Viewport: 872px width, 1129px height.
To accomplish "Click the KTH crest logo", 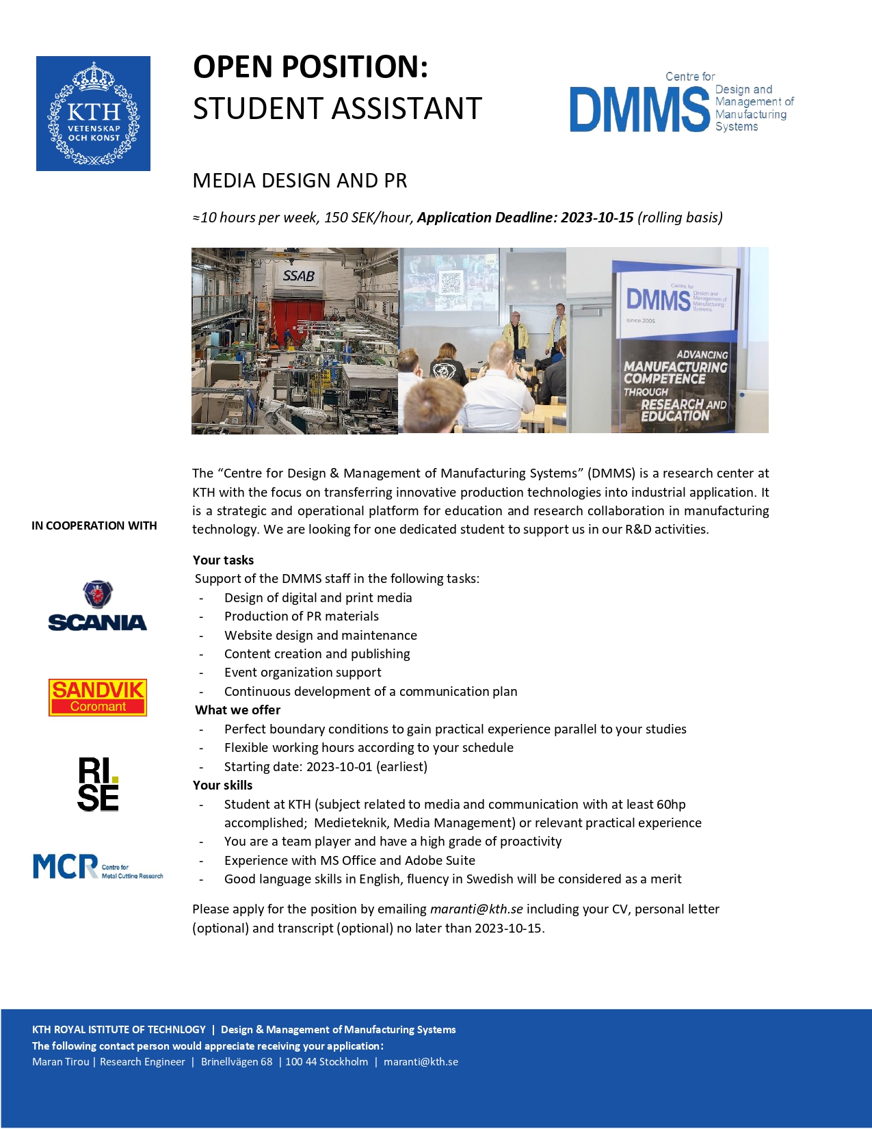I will [93, 114].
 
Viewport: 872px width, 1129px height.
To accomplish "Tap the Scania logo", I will [98, 606].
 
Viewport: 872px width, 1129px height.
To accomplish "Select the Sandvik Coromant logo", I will [98, 697].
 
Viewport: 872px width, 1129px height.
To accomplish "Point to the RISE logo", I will [98, 784].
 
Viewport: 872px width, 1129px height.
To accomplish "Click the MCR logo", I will [98, 866].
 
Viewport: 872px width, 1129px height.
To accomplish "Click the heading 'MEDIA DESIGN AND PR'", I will [300, 181].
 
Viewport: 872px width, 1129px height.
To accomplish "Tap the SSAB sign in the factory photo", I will [299, 276].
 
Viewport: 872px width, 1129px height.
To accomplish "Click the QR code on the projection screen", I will [450, 282].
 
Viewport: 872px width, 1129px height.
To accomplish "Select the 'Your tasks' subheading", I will [223, 560].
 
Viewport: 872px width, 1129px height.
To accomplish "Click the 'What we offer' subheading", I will [237, 710].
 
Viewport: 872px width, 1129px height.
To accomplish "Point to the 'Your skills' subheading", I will [222, 785].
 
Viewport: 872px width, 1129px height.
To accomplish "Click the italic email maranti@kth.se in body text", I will [476, 909].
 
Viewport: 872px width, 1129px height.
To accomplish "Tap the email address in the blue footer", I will [421, 1062].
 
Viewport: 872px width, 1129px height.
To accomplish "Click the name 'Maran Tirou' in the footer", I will [61, 1062].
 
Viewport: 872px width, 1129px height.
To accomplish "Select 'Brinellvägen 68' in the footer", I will [237, 1062].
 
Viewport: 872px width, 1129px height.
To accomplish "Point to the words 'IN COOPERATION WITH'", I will [94, 525].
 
